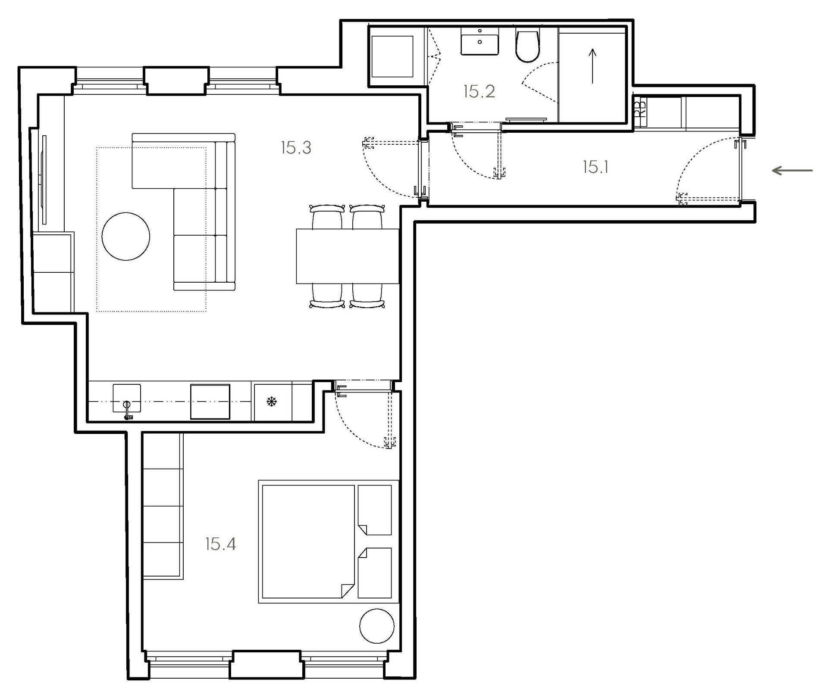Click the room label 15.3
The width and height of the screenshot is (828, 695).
click(x=296, y=148)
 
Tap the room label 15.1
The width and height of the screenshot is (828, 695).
click(x=596, y=167)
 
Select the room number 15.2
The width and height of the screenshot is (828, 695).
click(x=479, y=91)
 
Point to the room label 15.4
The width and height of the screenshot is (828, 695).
click(x=220, y=544)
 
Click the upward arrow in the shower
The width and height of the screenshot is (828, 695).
click(x=593, y=66)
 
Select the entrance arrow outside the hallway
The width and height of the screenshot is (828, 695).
click(x=792, y=171)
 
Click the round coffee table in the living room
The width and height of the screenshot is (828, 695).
click(x=126, y=236)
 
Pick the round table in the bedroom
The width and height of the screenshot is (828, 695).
click(x=377, y=626)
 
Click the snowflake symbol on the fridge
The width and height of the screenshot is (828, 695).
click(x=272, y=402)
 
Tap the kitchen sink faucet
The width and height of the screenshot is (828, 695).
click(x=127, y=410)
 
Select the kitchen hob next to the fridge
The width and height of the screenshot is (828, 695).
click(x=210, y=402)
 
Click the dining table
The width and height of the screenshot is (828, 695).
click(x=348, y=256)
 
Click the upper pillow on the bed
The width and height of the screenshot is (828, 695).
click(x=375, y=510)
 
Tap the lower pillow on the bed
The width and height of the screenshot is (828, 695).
click(x=375, y=573)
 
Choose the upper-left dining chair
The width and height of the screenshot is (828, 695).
click(x=327, y=217)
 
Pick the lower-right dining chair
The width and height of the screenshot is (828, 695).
click(x=367, y=296)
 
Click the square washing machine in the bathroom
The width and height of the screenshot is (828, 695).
click(x=392, y=56)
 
